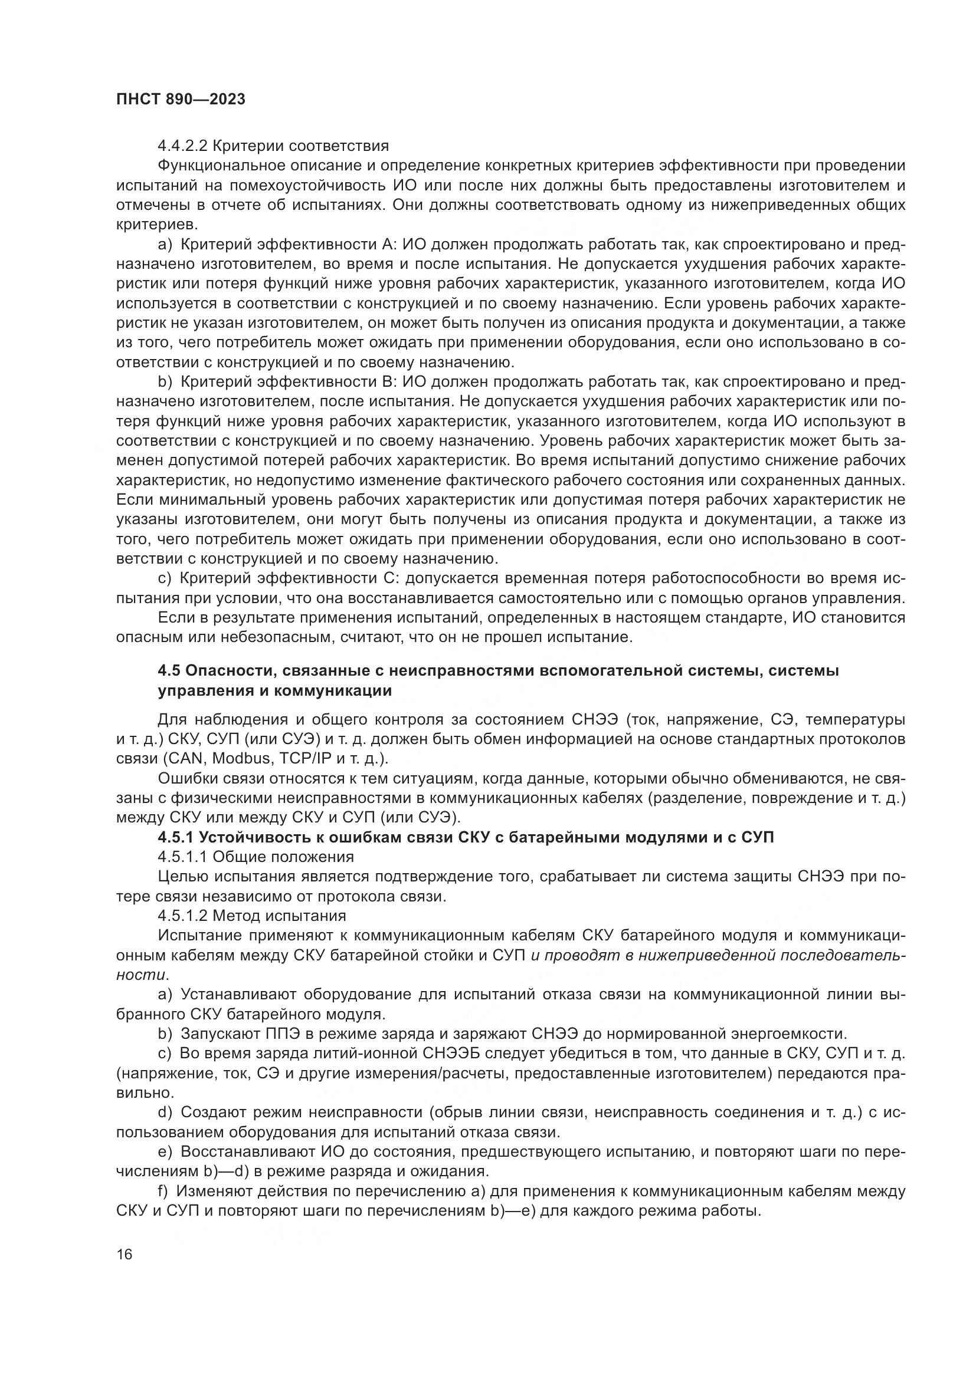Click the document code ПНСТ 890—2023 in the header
[181, 100]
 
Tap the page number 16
[125, 1254]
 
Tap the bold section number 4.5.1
[175, 837]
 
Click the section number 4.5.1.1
[183, 857]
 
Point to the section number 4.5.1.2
[183, 916]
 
